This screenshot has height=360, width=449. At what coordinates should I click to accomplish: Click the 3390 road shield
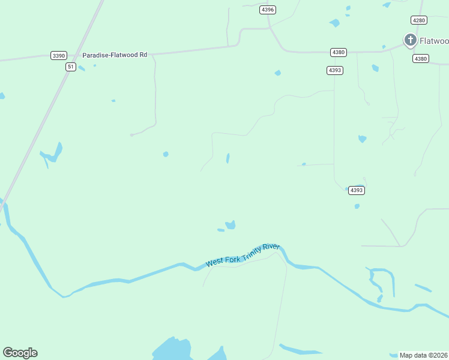[x=58, y=55]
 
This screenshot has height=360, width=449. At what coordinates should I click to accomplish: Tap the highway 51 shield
[x=71, y=67]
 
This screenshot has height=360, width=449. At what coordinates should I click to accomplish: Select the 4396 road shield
[x=268, y=10]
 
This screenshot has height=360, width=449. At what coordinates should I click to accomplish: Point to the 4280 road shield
[x=419, y=20]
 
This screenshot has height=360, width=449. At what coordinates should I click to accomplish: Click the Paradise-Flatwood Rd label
[x=115, y=55]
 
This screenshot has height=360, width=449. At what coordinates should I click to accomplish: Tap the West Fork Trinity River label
[x=243, y=254]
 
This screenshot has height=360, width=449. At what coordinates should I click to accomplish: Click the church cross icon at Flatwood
[x=411, y=40]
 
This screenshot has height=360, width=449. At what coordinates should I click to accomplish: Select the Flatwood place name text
[x=433, y=41]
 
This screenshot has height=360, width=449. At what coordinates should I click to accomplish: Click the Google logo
[x=20, y=353]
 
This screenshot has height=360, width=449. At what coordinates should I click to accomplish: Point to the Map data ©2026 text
[x=424, y=355]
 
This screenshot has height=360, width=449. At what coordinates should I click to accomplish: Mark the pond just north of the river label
[x=230, y=225]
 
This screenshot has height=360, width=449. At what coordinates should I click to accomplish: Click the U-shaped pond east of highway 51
[x=53, y=154]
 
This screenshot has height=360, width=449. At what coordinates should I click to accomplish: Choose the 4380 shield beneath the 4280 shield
[x=421, y=58]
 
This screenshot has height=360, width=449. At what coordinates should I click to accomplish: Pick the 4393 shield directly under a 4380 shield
[x=335, y=70]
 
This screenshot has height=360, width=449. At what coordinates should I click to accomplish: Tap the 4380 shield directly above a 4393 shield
[x=338, y=52]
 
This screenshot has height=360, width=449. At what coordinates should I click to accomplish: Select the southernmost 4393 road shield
[x=356, y=190]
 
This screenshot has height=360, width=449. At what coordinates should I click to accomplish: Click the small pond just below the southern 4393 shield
[x=357, y=206]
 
